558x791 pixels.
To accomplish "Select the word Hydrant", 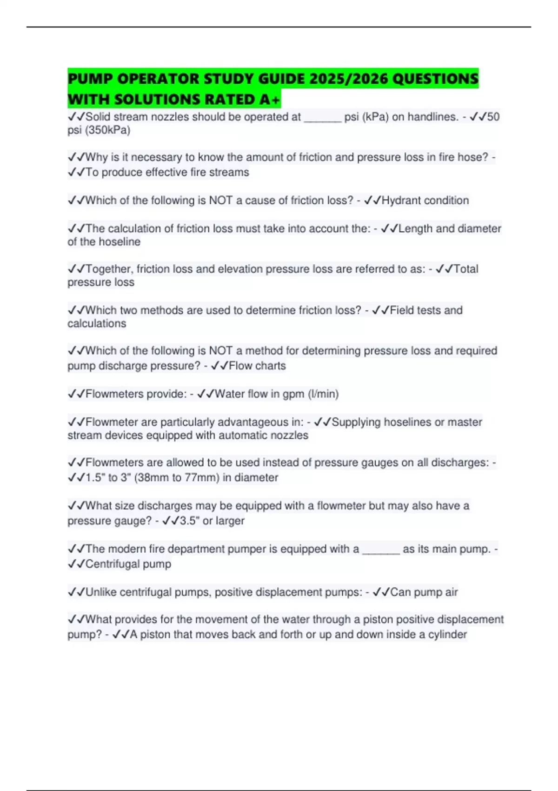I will click(402, 201).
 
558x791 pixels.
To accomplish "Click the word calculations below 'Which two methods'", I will click(97, 323).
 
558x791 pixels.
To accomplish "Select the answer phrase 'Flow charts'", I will click(257, 366).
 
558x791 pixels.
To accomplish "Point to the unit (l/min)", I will click(323, 394).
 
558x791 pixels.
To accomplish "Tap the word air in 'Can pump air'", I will click(451, 592).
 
